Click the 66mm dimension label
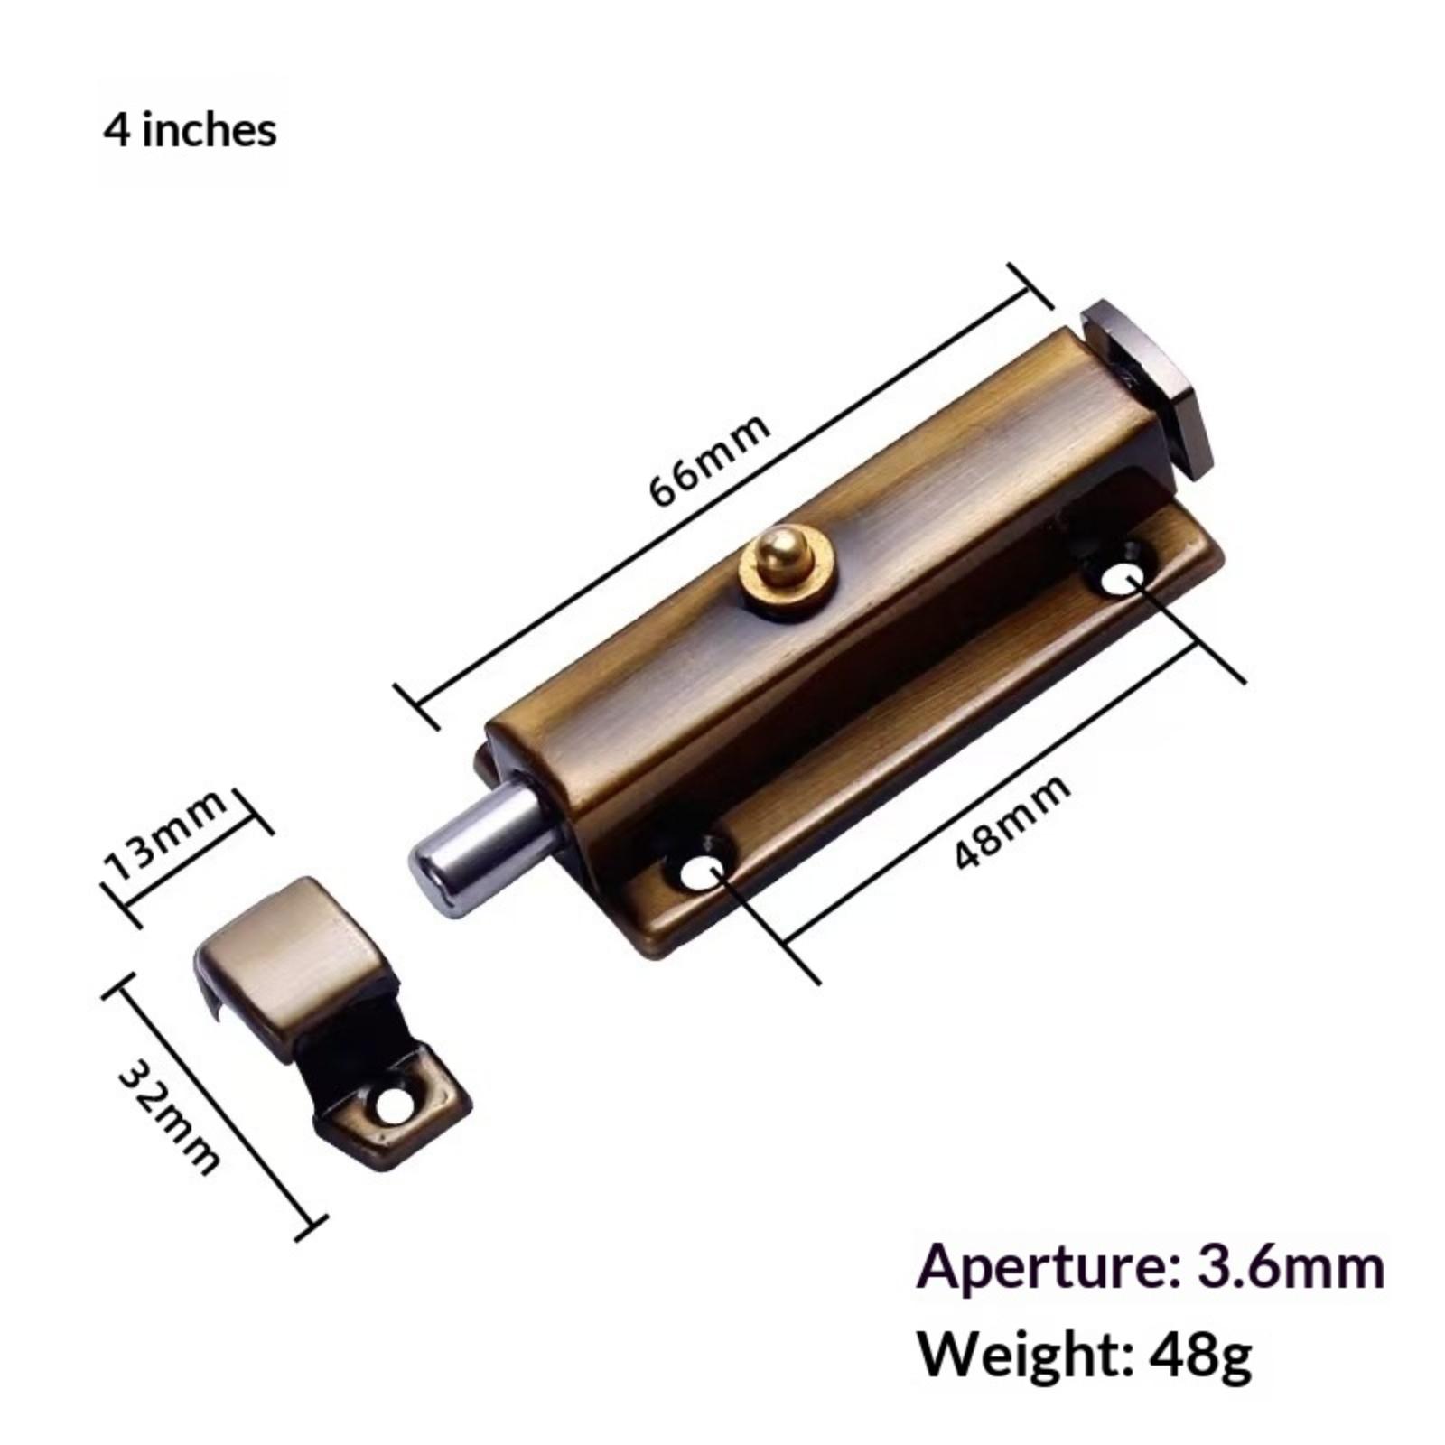710,461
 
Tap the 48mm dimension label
1013,822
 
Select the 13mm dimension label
166,836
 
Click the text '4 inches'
190,131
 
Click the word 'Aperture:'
1044,1266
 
